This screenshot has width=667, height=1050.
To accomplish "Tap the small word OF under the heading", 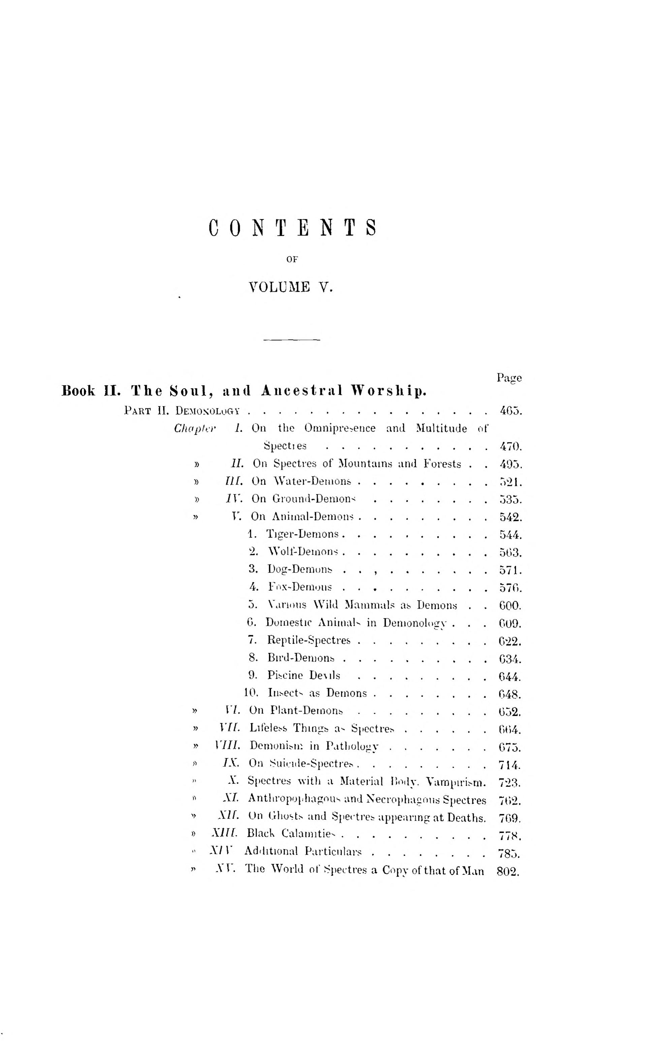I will pos(292,259).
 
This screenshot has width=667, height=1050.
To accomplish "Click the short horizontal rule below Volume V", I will pos(292,340).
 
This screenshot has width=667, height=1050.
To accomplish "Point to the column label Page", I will pos(509,378).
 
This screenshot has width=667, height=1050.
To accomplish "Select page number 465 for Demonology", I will pos(510,411).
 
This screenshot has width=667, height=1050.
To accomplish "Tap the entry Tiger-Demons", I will pos(303,534).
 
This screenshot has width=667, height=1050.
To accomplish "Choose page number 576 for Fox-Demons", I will pos(510,588).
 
